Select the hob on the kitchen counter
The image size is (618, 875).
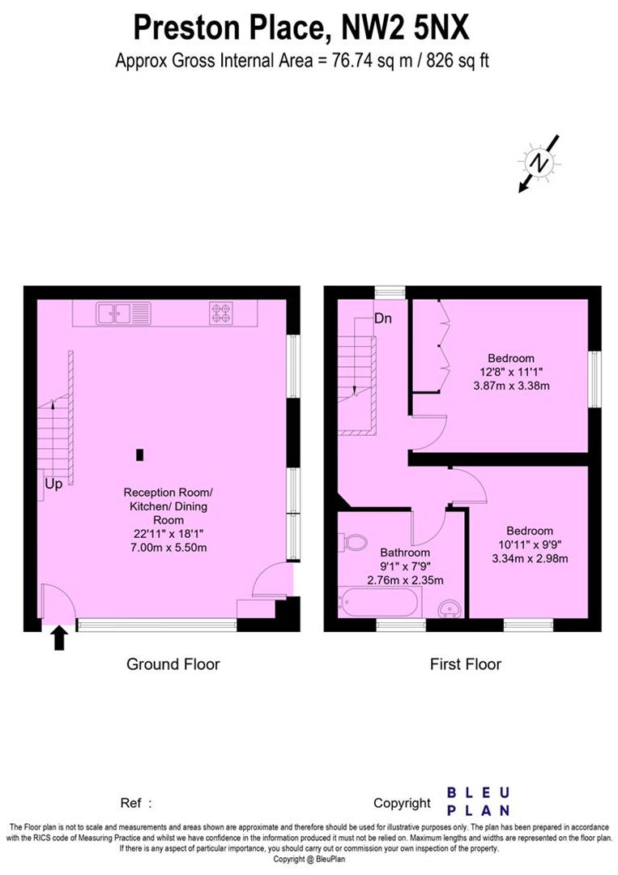[221, 313]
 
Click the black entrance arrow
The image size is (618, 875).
[59, 638]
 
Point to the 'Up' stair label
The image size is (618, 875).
[53, 484]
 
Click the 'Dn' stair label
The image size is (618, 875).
[382, 318]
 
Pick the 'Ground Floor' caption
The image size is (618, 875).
[173, 664]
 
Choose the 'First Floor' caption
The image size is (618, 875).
[465, 664]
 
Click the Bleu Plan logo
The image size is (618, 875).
[479, 800]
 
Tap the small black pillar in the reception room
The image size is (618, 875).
[140, 455]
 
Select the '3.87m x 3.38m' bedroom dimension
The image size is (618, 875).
[511, 386]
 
